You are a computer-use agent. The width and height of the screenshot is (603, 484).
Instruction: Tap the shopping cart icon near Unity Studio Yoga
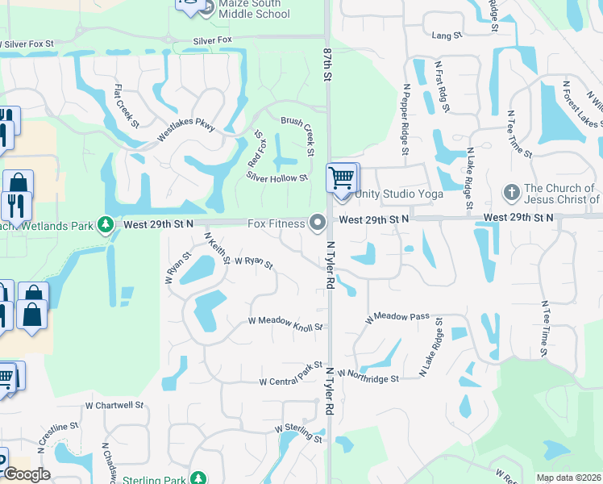click(x=342, y=177)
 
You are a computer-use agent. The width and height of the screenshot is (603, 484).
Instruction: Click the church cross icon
click(x=510, y=193)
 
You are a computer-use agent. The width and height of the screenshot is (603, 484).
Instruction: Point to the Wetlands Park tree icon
click(x=105, y=223)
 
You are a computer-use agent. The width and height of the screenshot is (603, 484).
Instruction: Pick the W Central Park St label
click(x=290, y=373)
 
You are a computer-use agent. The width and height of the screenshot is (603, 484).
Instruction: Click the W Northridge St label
click(x=368, y=376)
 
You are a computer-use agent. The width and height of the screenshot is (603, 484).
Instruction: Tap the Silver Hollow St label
click(x=277, y=177)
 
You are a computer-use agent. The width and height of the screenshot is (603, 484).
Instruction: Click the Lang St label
click(x=446, y=35)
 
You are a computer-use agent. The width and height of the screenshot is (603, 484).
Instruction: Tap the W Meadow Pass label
click(x=397, y=317)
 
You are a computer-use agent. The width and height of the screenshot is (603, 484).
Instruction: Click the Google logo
click(x=27, y=474)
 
